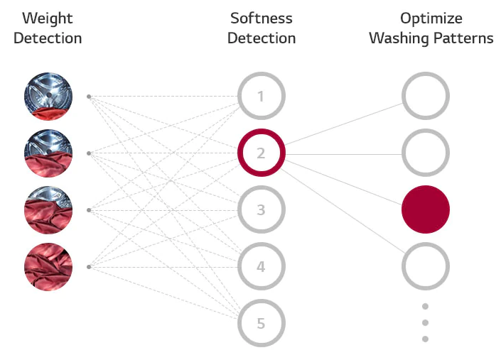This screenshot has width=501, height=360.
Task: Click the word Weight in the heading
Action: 48,19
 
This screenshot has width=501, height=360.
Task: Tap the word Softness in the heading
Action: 262,18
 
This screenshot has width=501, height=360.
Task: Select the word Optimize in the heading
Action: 431,19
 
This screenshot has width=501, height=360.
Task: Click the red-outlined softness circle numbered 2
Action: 240,153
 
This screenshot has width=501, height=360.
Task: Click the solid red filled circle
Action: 426,209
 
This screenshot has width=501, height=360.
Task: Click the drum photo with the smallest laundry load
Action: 48,97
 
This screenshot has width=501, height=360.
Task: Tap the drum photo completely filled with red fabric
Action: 48,267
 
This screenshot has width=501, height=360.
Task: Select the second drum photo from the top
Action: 48,153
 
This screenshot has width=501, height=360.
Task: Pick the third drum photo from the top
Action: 48,210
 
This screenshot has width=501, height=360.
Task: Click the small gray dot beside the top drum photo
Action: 89,97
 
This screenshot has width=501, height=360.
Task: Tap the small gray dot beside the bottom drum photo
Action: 89,267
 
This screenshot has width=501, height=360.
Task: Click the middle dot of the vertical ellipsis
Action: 425,322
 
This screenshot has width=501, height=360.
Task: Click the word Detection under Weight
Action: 48,38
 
